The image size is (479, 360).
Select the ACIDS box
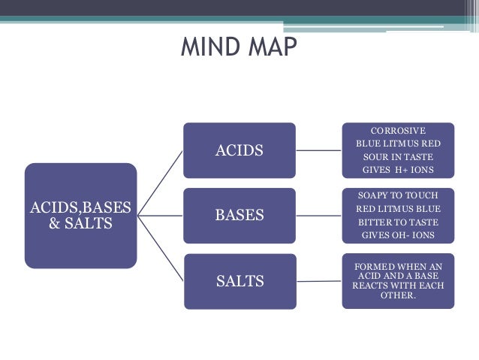pyautogui.click(x=239, y=150)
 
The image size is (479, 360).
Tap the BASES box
pyautogui.click(x=239, y=216)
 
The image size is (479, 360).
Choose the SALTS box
pyautogui.click(x=239, y=281)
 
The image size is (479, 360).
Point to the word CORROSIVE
pyautogui.click(x=398, y=130)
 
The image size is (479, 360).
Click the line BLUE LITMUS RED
pyautogui.click(x=398, y=144)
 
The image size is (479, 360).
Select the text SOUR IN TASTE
pyautogui.click(x=398, y=157)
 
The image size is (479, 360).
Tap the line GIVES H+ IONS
pyautogui.click(x=398, y=171)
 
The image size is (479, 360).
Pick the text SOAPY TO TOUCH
pyautogui.click(x=398, y=195)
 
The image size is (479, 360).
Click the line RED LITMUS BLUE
pyautogui.click(x=398, y=208)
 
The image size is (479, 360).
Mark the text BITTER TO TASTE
pyautogui.click(x=398, y=222)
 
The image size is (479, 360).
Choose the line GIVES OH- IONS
pyautogui.click(x=398, y=235)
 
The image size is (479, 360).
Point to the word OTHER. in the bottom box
pyautogui.click(x=398, y=295)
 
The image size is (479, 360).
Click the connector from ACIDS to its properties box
pyautogui.click(x=318, y=150)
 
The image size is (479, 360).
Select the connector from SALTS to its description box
pyautogui.click(x=318, y=281)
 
